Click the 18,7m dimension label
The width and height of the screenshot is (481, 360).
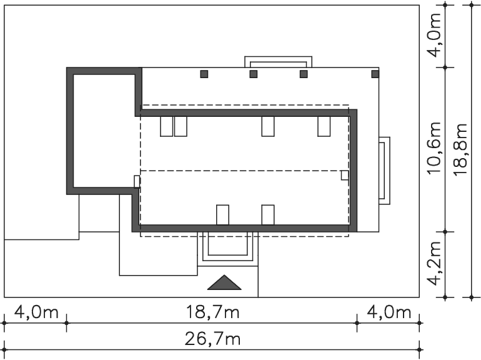(x=213, y=312)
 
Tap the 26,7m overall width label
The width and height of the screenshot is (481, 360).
(x=213, y=339)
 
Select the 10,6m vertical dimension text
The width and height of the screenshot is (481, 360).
(x=435, y=149)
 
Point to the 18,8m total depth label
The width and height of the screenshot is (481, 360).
(x=461, y=149)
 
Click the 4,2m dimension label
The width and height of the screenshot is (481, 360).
(x=435, y=263)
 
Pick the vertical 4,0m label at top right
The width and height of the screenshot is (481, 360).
(x=435, y=35)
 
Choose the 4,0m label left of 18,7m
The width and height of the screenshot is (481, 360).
(x=36, y=312)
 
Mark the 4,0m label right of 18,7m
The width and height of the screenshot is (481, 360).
(x=389, y=312)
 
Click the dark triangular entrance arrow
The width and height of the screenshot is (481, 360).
(x=224, y=282)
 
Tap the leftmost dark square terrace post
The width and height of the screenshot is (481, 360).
(x=204, y=74)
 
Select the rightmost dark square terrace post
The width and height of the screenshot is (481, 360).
(x=375, y=74)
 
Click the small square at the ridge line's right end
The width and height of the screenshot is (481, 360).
(x=345, y=175)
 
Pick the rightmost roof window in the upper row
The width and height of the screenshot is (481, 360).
(x=324, y=126)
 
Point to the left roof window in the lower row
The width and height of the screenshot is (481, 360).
(x=223, y=215)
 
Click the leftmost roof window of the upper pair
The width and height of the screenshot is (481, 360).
(x=167, y=126)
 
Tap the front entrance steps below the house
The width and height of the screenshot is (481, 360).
(x=227, y=249)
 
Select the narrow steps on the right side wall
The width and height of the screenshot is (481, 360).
(x=385, y=171)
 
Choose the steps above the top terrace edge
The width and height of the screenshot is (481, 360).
(x=278, y=62)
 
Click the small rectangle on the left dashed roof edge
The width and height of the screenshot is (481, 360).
(x=137, y=181)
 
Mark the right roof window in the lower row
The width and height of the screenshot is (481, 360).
(x=268, y=215)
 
